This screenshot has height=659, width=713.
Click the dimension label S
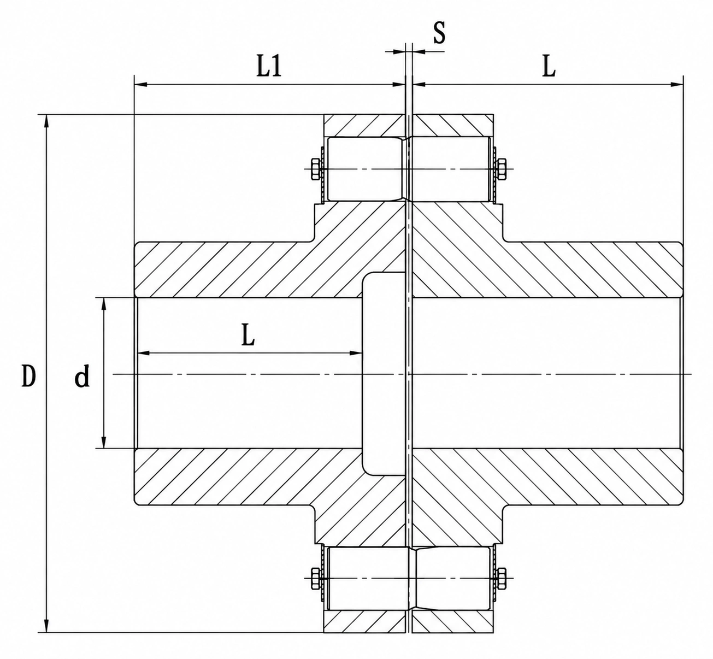click(x=439, y=32)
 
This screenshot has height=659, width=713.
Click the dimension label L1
click(x=269, y=66)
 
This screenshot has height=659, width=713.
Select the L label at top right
click(x=549, y=66)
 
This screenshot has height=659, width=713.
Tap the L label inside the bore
click(x=248, y=334)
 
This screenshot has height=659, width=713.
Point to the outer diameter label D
click(x=29, y=375)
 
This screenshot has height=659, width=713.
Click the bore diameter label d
click(x=82, y=375)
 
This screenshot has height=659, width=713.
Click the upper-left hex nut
click(x=316, y=169)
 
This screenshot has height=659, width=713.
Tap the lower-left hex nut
click(x=316, y=578)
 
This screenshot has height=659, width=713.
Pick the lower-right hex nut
click(x=501, y=578)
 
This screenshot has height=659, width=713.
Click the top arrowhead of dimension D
click(x=46, y=121)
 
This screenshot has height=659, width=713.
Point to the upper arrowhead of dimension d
click(x=104, y=304)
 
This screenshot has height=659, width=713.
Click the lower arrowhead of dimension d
click(x=104, y=442)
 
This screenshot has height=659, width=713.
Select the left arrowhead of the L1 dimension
click(x=141, y=85)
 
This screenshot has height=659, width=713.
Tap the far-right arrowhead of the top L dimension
click(x=676, y=85)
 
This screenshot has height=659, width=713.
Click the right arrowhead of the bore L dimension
click(x=356, y=354)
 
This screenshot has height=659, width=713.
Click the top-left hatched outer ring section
click(x=364, y=125)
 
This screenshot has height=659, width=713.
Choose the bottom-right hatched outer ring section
click(x=453, y=622)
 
